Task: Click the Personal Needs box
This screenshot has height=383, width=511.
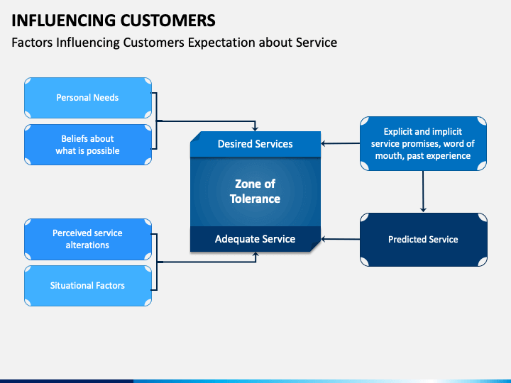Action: point(87,97)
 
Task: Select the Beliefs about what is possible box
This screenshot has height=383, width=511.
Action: point(87,145)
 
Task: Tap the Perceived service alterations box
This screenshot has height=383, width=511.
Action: point(87,239)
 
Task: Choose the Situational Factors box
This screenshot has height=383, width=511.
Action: point(87,286)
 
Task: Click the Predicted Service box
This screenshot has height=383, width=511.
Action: point(423,240)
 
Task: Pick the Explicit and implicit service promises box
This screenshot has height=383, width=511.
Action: point(423,144)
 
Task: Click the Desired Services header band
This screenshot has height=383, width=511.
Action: point(255,144)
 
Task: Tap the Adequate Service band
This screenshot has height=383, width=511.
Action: point(255,240)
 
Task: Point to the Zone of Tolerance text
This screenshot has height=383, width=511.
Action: point(255,191)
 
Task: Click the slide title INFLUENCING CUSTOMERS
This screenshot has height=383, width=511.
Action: point(114,19)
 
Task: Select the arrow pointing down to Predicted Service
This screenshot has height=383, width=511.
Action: point(424,191)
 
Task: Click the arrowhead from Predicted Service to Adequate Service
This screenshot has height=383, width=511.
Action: point(324,240)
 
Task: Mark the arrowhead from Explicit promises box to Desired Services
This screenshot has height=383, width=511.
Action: point(324,144)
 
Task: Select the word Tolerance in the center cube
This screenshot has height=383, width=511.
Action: point(255,199)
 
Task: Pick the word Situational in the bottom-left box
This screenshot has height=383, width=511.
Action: point(72,286)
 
